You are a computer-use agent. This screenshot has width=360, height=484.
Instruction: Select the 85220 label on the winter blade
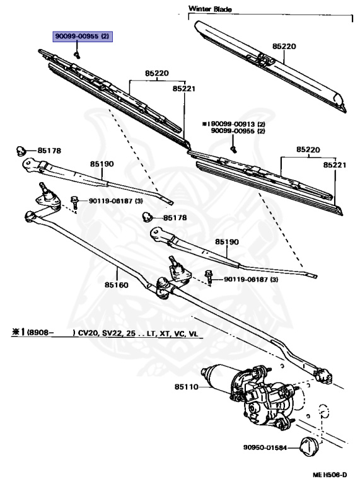pyautogui.click(x=284, y=47)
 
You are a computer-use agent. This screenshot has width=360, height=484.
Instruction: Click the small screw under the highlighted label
pyautogui.click(x=75, y=55)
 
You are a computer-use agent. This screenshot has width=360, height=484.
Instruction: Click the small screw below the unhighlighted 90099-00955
pyautogui.click(x=233, y=149)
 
